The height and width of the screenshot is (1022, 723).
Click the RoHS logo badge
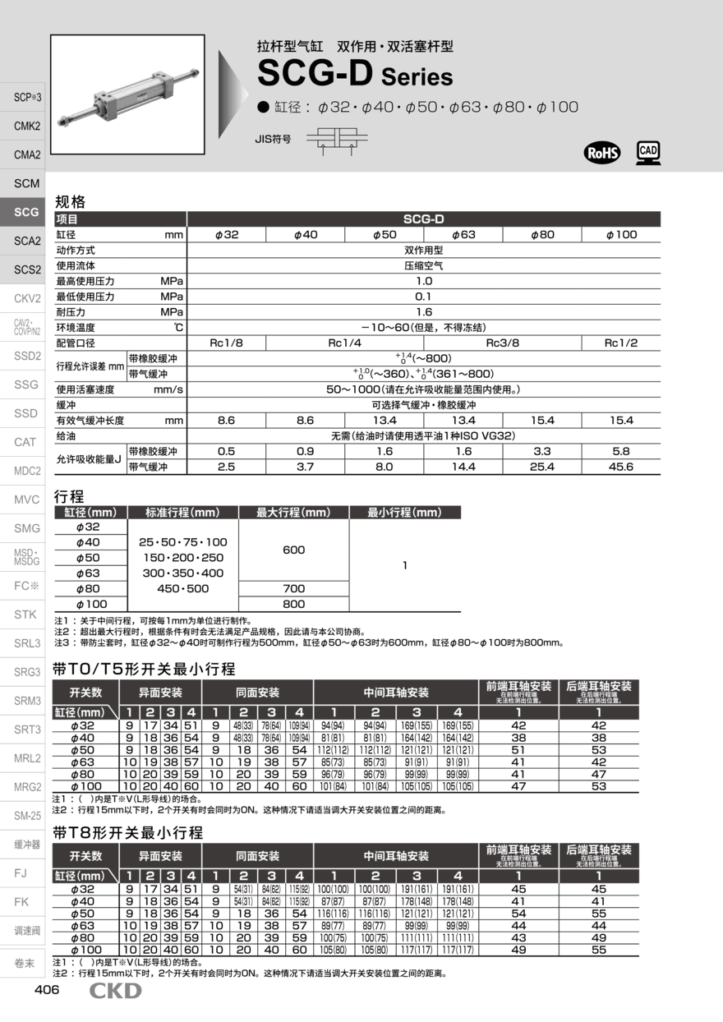[601, 153]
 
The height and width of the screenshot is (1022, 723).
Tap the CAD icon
[648, 152]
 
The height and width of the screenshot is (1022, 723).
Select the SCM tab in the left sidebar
[27, 183]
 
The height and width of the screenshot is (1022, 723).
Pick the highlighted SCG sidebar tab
[27, 212]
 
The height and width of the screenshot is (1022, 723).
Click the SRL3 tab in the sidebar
[27, 643]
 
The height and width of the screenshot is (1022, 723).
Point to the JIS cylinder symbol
[337, 140]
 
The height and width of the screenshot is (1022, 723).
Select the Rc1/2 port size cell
[620, 343]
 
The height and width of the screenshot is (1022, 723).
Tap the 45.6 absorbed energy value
[620, 467]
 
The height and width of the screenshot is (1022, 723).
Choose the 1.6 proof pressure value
[424, 312]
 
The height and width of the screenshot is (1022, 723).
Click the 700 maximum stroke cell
[293, 588]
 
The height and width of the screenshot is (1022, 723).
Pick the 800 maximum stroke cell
[293, 604]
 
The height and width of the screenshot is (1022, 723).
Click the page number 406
[47, 990]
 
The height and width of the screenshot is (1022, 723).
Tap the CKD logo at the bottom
[115, 991]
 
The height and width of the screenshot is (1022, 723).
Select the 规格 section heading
[70, 202]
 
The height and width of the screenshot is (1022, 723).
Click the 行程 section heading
[69, 496]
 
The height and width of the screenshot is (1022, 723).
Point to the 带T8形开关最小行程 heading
[127, 832]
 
